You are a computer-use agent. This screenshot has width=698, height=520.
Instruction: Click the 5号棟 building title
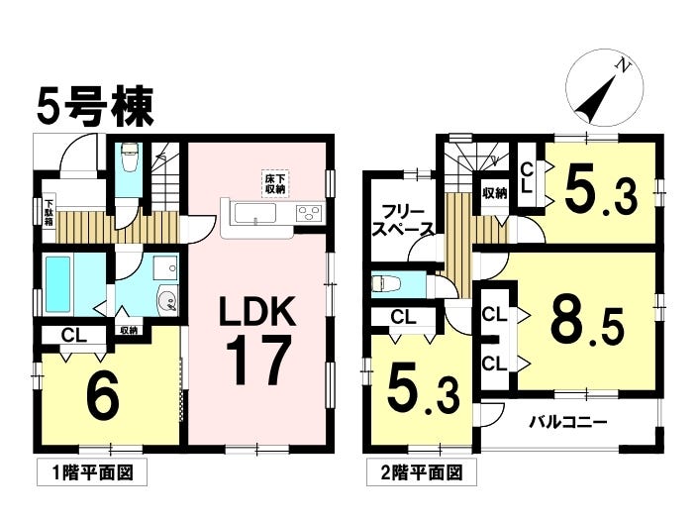95,106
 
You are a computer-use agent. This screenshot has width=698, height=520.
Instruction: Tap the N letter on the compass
624,65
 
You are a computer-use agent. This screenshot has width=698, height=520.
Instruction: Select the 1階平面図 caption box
92,471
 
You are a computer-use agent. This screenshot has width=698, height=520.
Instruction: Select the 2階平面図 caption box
421,471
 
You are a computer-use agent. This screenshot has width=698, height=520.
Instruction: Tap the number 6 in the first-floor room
103,393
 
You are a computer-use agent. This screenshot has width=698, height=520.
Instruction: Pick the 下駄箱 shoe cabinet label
49,213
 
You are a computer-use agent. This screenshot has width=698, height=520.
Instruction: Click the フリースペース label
402,220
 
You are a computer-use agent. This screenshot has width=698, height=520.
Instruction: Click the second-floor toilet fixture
384,283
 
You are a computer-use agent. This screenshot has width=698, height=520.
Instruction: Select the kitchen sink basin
255,213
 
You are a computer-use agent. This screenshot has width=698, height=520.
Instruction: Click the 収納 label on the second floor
495,193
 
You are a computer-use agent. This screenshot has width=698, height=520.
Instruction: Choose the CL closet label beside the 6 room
74,335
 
